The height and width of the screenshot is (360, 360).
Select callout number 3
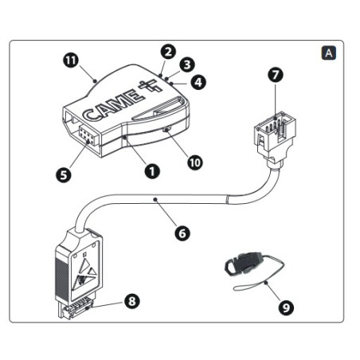[x=187, y=65]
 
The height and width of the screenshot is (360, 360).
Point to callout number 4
[x=198, y=80]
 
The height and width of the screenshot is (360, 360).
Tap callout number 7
[x=276, y=75]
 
